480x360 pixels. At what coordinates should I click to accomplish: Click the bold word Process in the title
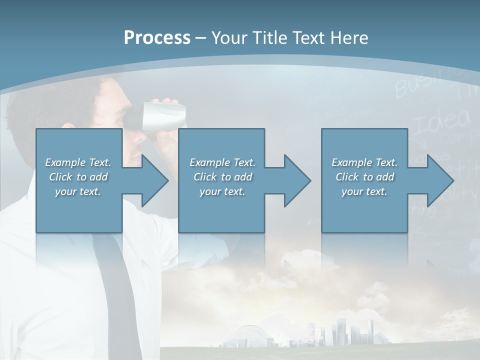point(157,38)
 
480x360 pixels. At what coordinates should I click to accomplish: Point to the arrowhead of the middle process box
point(296,180)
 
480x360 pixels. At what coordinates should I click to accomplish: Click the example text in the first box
point(78,177)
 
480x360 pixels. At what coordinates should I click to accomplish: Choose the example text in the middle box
point(222,177)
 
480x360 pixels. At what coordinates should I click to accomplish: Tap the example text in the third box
point(364,177)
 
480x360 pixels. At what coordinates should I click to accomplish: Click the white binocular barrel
point(163,115)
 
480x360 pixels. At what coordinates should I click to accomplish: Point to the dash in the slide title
point(200,38)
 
